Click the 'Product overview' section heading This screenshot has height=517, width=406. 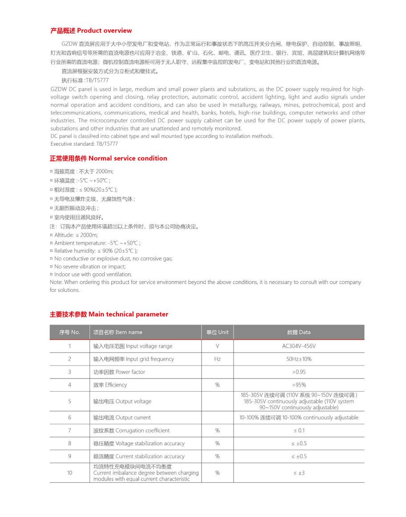click(x=91, y=31)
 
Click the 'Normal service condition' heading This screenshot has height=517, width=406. click(x=108, y=158)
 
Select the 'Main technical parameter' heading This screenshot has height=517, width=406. click(x=109, y=314)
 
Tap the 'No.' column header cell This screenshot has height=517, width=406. click(x=70, y=332)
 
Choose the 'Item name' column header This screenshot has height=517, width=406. click(x=118, y=332)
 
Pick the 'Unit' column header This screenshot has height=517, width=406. click(x=217, y=332)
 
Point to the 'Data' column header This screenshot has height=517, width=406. click(x=299, y=332)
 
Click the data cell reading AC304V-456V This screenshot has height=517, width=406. click(x=299, y=346)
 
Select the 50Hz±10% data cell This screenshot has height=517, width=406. click(x=299, y=359)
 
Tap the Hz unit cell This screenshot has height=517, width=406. click(x=217, y=359)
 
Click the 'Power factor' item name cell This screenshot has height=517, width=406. click(x=119, y=372)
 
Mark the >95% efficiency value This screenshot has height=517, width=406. click(x=299, y=385)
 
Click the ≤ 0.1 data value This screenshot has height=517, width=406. click(x=299, y=431)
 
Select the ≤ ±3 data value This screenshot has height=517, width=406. click(x=299, y=472)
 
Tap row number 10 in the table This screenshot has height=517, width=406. click(x=70, y=472)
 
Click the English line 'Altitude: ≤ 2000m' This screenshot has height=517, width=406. click(x=76, y=235)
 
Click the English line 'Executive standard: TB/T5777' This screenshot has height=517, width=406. click(x=84, y=144)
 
